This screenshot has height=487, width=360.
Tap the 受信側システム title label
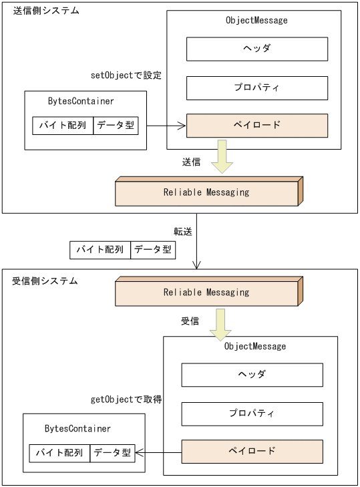[45, 281]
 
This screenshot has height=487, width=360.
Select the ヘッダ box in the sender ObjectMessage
[256, 49]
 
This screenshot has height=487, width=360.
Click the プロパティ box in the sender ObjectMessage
[256, 88]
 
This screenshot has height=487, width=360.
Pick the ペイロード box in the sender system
[256, 126]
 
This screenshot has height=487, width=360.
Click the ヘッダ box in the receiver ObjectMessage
[252, 375]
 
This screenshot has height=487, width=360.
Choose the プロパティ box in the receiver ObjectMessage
[252, 414]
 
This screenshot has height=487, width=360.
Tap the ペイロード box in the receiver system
[252, 452]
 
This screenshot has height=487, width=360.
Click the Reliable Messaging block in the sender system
[206, 192]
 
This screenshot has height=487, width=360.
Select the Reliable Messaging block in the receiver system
[206, 293]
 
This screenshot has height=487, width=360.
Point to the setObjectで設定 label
[127, 75]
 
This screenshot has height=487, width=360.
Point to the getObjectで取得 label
[126, 399]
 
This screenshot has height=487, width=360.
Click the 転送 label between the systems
[183, 232]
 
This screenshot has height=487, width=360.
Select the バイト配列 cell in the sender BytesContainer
[63, 126]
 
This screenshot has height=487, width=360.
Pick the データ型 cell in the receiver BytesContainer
[112, 453]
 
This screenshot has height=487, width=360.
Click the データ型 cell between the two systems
[153, 250]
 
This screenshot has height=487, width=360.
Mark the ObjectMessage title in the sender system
[256, 21]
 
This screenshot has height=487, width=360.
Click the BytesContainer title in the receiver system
[77, 429]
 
